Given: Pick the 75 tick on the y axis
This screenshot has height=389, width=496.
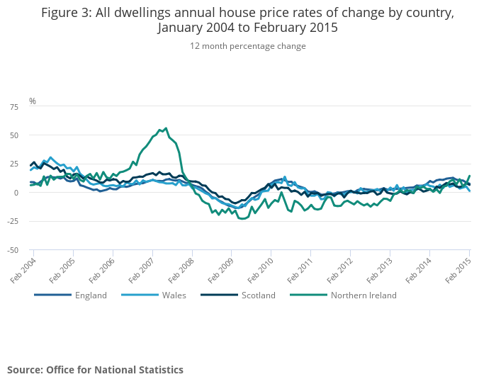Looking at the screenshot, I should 14,106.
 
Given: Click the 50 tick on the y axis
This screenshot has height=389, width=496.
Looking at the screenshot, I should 14,135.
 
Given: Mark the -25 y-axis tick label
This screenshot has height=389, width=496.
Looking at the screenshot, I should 13,221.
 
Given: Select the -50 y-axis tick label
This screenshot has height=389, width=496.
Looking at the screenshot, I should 13,250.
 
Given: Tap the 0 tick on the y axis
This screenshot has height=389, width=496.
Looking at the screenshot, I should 16,193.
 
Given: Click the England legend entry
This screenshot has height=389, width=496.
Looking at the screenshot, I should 91,295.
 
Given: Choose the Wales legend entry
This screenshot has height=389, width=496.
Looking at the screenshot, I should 174,295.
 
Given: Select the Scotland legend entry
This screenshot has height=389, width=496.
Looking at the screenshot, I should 258,295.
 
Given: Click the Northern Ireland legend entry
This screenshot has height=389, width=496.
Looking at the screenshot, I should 363,295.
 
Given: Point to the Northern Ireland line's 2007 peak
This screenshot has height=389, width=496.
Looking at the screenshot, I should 166,128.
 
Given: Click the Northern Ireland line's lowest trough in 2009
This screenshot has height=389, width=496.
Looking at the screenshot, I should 242,218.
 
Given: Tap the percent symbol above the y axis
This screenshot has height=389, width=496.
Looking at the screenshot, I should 33,101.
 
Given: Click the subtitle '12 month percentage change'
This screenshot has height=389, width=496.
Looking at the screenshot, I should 248,46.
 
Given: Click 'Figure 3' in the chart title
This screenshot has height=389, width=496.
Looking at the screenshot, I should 67,13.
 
